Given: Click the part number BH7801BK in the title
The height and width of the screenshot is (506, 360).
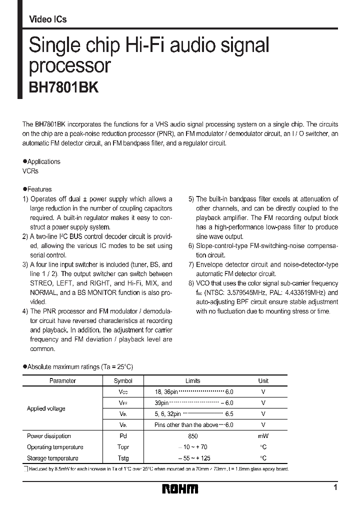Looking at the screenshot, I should (x=60, y=87).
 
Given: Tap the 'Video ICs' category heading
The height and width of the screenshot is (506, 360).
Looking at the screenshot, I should (x=48, y=19).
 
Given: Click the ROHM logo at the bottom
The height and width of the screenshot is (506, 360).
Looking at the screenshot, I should (x=180, y=488).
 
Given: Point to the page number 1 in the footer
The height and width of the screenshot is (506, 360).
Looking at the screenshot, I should (x=335, y=487).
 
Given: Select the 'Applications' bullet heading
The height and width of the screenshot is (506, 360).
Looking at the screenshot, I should (x=43, y=161).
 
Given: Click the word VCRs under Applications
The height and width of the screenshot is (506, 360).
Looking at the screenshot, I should (x=30, y=171).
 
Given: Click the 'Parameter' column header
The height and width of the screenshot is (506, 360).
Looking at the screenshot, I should (x=62, y=380).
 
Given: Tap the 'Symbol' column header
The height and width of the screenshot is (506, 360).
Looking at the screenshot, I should (x=123, y=380).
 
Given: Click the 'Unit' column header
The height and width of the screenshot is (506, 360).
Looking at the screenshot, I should (x=263, y=380).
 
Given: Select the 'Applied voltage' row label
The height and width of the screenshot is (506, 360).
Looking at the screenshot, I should (x=46, y=408).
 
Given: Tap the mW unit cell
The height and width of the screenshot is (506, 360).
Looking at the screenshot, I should (x=263, y=436).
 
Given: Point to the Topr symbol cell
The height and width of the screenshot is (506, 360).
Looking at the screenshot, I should (x=123, y=447).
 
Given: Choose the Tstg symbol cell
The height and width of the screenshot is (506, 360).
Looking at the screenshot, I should (x=123, y=458).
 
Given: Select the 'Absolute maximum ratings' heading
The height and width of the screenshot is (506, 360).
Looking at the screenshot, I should (x=80, y=367).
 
